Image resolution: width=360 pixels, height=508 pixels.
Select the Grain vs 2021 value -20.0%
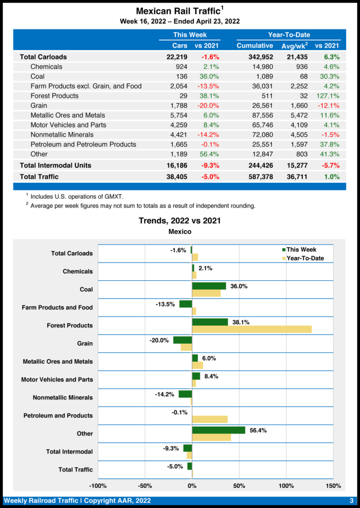(209, 106)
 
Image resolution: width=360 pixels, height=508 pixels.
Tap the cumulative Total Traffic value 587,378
(261, 176)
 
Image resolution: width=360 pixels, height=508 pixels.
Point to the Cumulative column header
(255, 46)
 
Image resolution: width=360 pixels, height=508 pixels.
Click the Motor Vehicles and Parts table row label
(68, 125)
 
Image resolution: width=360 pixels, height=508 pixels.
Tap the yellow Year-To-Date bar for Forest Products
(252, 329)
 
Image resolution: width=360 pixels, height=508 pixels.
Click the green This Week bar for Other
(218, 430)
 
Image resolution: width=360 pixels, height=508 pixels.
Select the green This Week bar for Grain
(182, 340)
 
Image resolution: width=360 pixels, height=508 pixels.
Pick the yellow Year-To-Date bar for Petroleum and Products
(210, 419)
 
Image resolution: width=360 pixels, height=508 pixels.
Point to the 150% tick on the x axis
(333, 485)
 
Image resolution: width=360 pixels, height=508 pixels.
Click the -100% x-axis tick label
(98, 485)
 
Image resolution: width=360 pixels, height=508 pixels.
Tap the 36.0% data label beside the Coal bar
(239, 286)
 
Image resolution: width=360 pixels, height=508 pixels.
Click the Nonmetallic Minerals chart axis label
(63, 398)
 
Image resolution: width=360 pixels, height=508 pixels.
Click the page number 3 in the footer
(351, 501)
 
